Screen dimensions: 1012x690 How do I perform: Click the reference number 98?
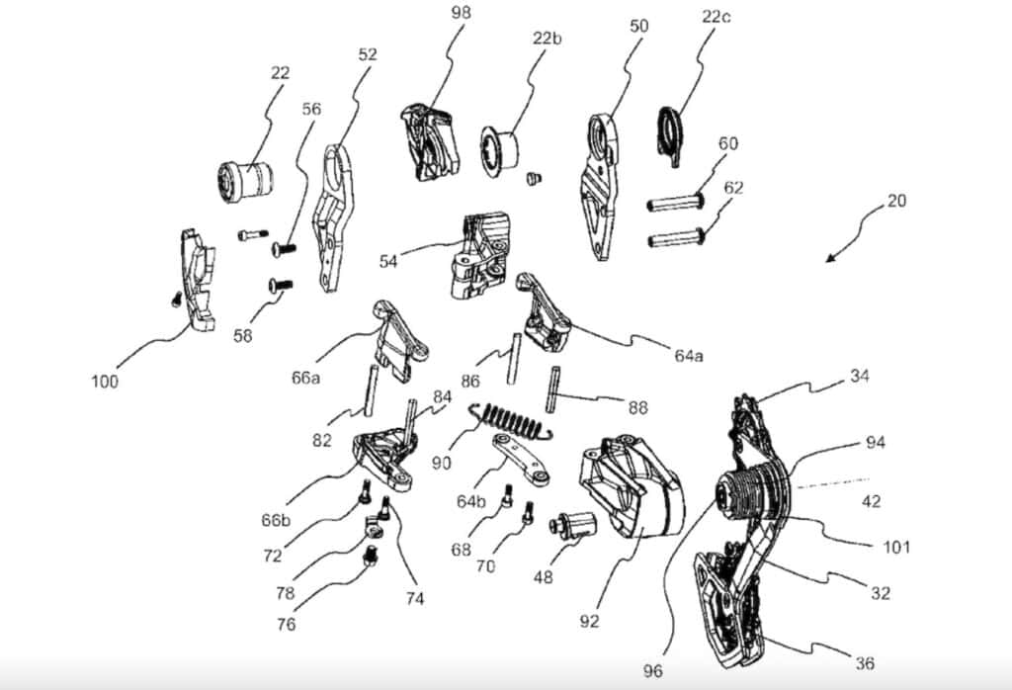(461, 13)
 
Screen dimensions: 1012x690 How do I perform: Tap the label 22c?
(716, 17)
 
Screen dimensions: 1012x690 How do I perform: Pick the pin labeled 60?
(675, 204)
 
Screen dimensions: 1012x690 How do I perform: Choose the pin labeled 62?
(676, 238)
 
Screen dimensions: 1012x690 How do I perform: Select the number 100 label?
(105, 383)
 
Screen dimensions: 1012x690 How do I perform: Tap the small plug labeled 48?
(573, 524)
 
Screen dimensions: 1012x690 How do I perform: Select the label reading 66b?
(277, 520)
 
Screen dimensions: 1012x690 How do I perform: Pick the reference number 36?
(865, 663)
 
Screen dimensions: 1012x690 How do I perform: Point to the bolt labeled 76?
(371, 556)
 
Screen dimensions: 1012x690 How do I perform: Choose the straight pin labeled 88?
(552, 388)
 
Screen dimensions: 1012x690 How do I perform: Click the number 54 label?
(388, 261)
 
